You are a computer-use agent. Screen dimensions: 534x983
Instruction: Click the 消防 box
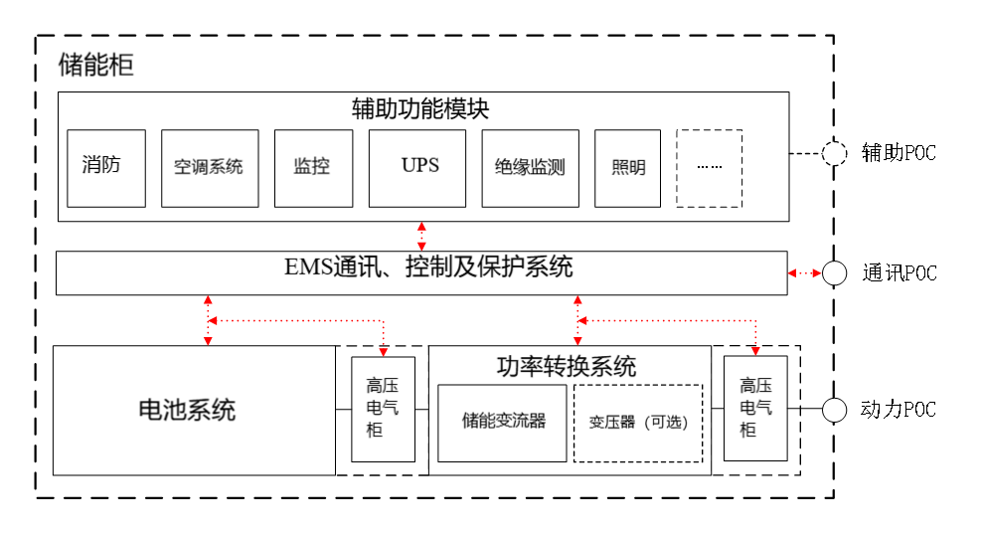coord(105,168)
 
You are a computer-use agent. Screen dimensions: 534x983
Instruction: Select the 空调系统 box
coord(210,168)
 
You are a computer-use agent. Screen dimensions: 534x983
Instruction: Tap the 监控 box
coord(312,168)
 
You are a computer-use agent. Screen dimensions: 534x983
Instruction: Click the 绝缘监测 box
coord(530,168)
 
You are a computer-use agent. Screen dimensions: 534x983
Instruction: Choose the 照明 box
coord(627,168)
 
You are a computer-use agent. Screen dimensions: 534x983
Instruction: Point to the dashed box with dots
coord(709,168)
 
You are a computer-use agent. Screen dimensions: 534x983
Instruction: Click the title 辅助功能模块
coord(421,108)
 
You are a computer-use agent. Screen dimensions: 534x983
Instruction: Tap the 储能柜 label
coord(95,67)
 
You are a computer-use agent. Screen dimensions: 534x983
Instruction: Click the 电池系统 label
coord(187,410)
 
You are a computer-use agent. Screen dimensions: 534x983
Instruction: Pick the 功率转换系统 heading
coord(567,366)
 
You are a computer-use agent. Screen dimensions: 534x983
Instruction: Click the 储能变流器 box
coord(502,422)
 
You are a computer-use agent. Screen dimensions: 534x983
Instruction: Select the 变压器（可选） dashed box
coord(638,422)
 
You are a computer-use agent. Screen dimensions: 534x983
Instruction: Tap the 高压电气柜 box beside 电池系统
coord(383,408)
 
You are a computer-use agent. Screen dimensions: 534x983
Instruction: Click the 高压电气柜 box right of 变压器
coord(755,408)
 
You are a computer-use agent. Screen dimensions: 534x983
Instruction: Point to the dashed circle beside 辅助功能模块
coord(834,153)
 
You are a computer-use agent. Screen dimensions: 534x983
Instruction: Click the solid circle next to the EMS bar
coord(834,273)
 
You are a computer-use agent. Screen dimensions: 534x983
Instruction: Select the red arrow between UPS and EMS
coord(422,236)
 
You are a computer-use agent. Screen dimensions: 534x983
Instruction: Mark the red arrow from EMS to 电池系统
coord(208,320)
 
